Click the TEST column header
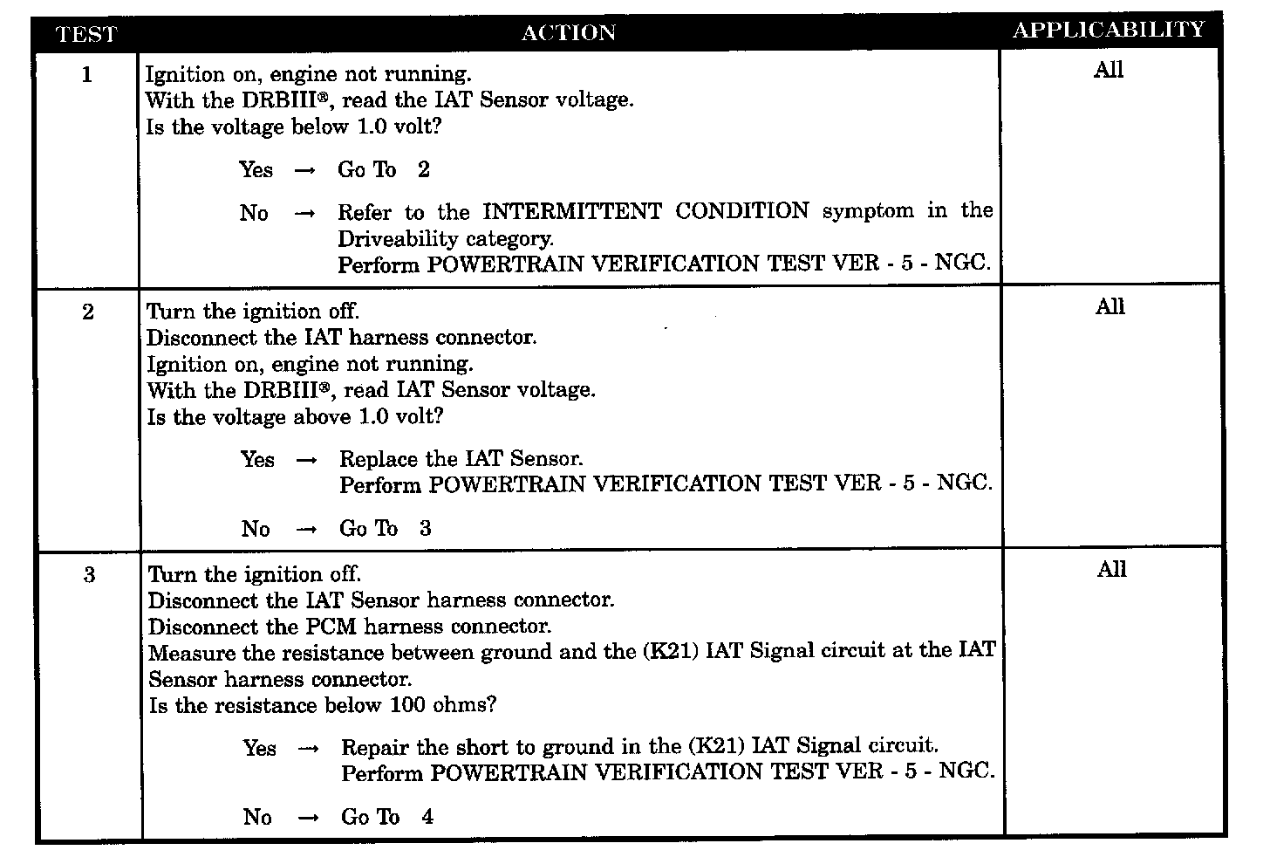(x=86, y=35)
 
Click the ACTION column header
(x=568, y=33)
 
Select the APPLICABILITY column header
(x=1108, y=31)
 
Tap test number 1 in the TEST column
(x=86, y=75)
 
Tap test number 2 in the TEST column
(x=88, y=312)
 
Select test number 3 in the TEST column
(x=89, y=576)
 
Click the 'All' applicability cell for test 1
(x=1109, y=71)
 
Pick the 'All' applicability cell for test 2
(x=1110, y=307)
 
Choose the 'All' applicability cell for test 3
(x=1111, y=570)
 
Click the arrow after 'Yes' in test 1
(x=304, y=171)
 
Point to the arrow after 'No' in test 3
(x=308, y=819)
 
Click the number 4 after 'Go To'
(x=427, y=818)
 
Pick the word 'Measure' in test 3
(x=186, y=653)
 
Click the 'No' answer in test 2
(x=256, y=529)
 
